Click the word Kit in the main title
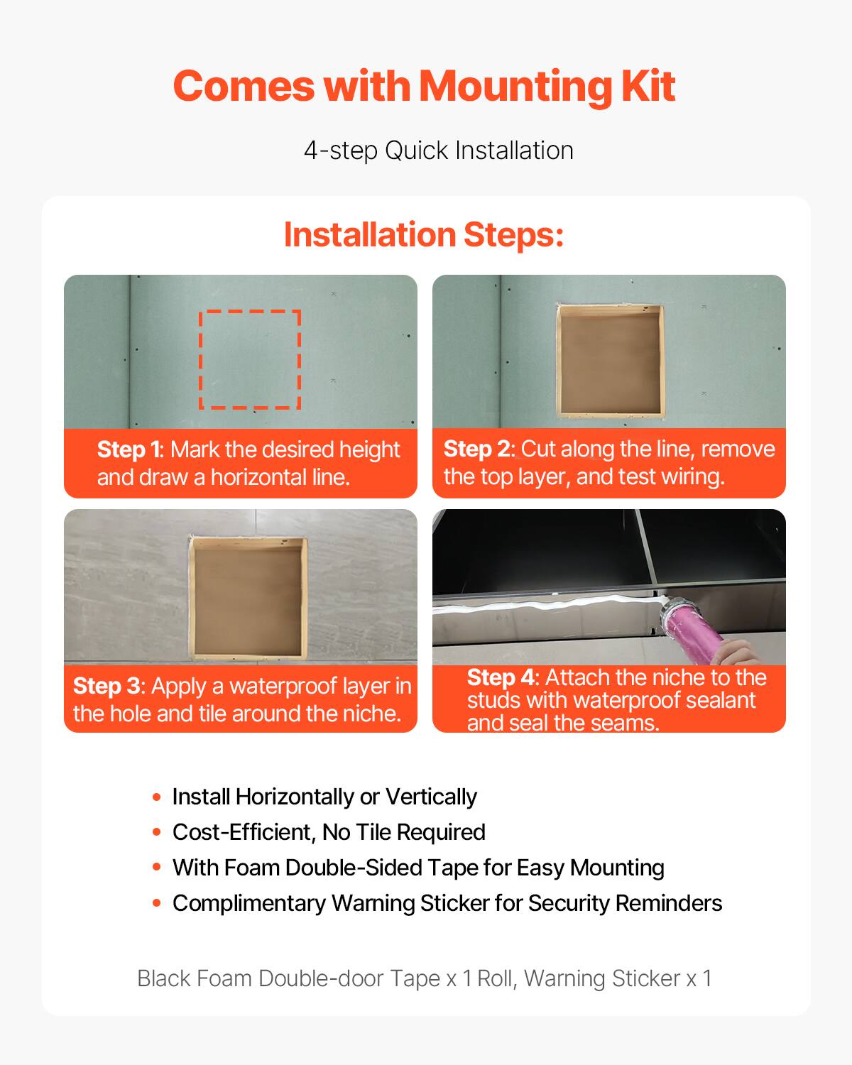648,87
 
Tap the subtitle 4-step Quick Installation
438,151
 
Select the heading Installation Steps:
423,235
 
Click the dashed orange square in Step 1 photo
250,359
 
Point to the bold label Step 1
130,449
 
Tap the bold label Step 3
106,686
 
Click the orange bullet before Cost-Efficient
157,832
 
